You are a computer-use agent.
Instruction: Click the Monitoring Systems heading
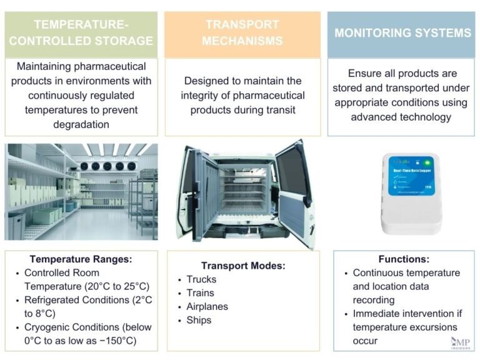coord(402,33)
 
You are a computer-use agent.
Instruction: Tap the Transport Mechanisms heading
coord(242,33)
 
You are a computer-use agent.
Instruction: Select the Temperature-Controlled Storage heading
coord(81,33)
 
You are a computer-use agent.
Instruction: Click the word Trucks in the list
coord(201,279)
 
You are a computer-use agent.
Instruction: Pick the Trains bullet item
coord(200,293)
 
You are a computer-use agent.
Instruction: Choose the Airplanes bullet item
coord(207,307)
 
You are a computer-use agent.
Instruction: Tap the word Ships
coord(199,321)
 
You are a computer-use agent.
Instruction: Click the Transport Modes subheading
coord(242,266)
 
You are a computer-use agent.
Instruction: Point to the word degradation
coord(81,124)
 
